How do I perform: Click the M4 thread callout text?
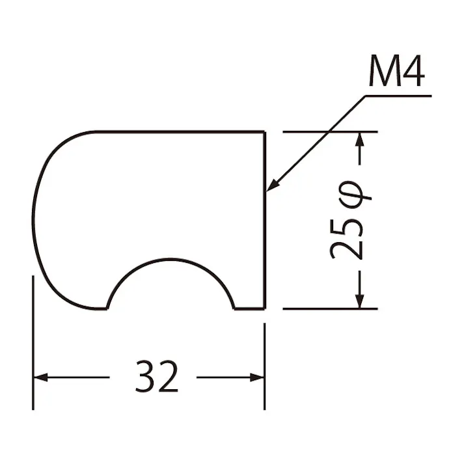click(x=397, y=70)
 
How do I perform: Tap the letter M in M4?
click(x=384, y=71)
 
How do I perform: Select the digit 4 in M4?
click(x=414, y=70)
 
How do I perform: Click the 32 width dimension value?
click(x=157, y=376)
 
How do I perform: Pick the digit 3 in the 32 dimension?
click(x=145, y=376)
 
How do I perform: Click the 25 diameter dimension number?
click(x=346, y=239)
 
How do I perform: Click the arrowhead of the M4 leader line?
click(x=272, y=185)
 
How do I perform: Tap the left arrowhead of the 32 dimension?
click(x=41, y=377)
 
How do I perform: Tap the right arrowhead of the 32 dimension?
click(x=257, y=377)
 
